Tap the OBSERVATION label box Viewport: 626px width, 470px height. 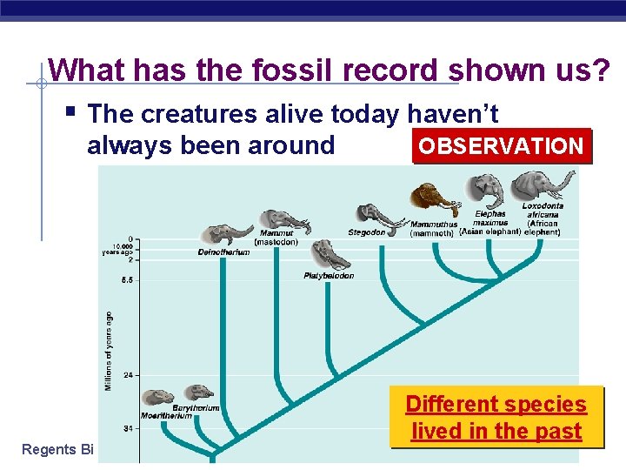500,146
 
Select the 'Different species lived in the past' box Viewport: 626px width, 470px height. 496,418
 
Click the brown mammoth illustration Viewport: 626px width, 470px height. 434,199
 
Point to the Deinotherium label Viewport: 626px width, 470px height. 223,252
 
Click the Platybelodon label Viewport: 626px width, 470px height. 329,276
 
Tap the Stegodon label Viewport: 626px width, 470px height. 366,232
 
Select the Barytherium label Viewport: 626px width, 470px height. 196,407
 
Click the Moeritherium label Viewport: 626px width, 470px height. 166,416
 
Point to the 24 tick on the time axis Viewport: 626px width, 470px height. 129,375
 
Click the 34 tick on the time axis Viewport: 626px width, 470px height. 129,428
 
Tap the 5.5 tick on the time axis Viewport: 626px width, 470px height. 127,280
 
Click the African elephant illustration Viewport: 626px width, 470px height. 543,185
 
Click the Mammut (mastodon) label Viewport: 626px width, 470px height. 276,237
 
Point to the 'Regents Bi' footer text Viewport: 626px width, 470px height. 57,450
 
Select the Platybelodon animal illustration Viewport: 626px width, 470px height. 330,255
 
